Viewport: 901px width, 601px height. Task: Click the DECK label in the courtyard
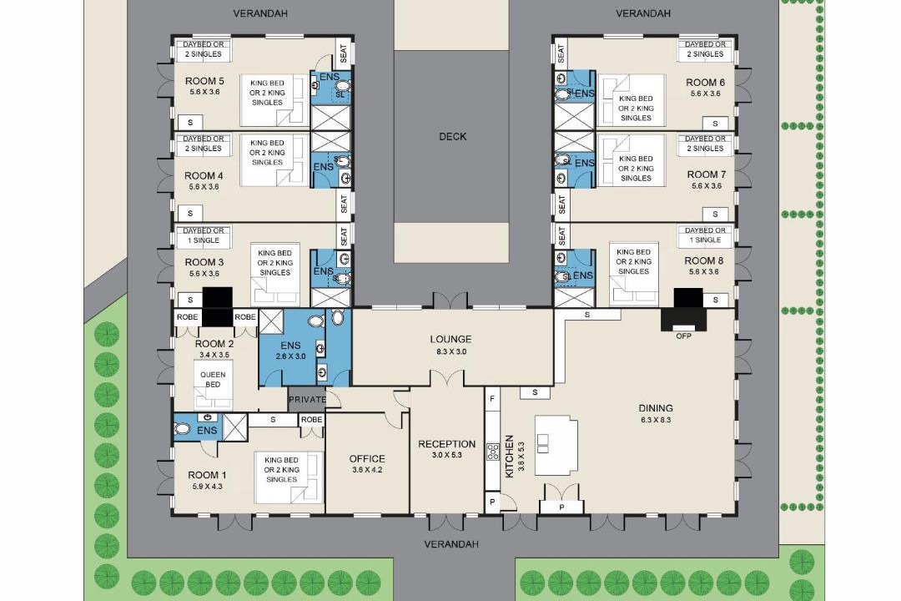click(x=453, y=136)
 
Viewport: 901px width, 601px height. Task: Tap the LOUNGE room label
click(x=451, y=340)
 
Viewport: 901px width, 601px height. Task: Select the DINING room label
click(x=656, y=408)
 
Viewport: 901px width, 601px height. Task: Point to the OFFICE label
click(x=367, y=458)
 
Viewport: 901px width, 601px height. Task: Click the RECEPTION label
click(x=447, y=444)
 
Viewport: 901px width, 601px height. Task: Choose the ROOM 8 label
click(x=704, y=260)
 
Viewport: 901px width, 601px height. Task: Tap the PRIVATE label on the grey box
click(x=307, y=399)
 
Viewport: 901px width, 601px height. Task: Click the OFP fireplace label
click(x=684, y=336)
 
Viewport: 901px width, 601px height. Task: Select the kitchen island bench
click(x=556, y=445)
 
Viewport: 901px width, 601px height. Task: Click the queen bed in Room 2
click(x=214, y=384)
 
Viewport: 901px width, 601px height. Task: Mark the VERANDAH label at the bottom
click(x=451, y=544)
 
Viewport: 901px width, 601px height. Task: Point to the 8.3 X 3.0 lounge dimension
click(x=451, y=351)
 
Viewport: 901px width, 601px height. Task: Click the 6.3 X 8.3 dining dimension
click(x=656, y=420)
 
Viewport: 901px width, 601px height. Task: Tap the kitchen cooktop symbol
click(x=493, y=452)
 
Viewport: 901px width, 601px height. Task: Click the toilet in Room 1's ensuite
click(x=182, y=428)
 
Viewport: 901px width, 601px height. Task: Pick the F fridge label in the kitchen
click(x=491, y=398)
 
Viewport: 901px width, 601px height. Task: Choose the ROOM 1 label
click(x=207, y=475)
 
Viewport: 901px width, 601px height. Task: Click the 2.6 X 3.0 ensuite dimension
click(x=291, y=356)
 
